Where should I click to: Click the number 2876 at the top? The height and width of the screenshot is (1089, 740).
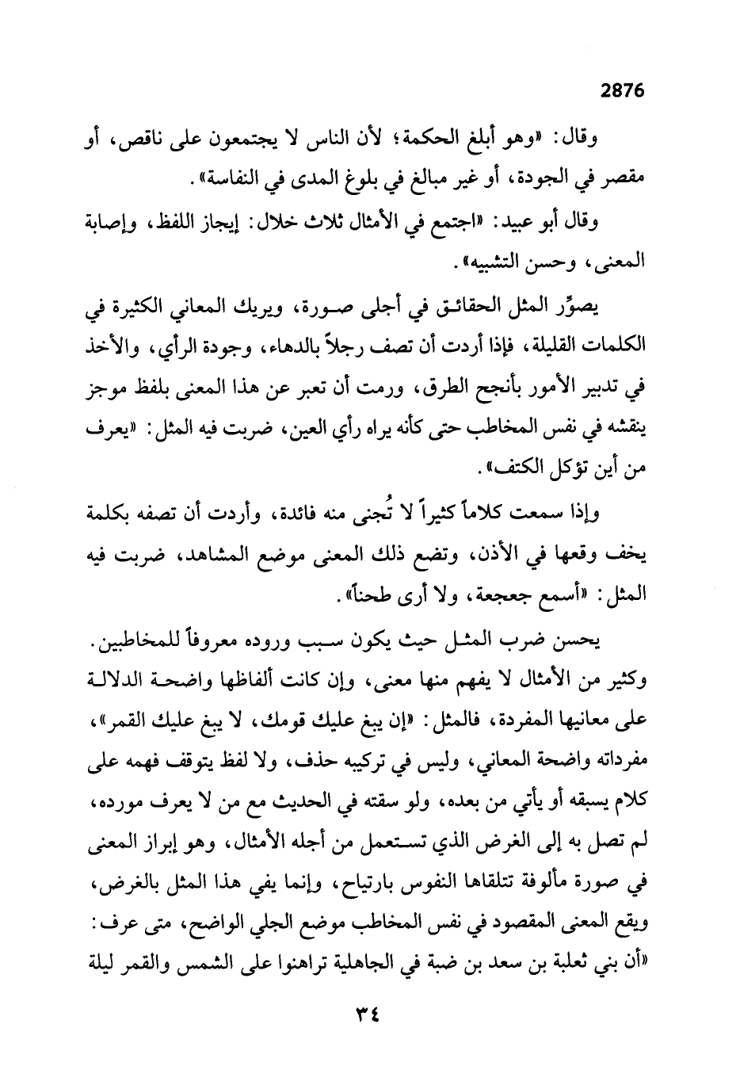point(624,90)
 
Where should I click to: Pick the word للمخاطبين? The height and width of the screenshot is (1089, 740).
point(131,641)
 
